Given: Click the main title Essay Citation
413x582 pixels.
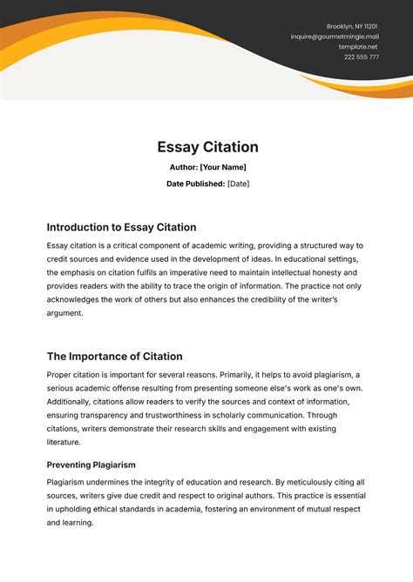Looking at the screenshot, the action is [x=206, y=147].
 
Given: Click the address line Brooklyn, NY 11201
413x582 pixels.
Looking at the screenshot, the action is [x=352, y=27].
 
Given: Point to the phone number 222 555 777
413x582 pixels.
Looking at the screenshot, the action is [x=361, y=57].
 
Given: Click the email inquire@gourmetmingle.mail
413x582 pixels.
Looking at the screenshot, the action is [x=335, y=37].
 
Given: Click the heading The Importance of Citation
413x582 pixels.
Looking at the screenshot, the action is [x=114, y=356].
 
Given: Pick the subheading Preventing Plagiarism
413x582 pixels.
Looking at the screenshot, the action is [x=91, y=465].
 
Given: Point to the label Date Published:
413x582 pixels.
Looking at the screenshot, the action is [x=196, y=184].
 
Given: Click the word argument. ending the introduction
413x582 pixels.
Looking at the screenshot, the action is [x=65, y=313].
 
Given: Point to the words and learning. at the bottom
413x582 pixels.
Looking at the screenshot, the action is [x=70, y=523].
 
